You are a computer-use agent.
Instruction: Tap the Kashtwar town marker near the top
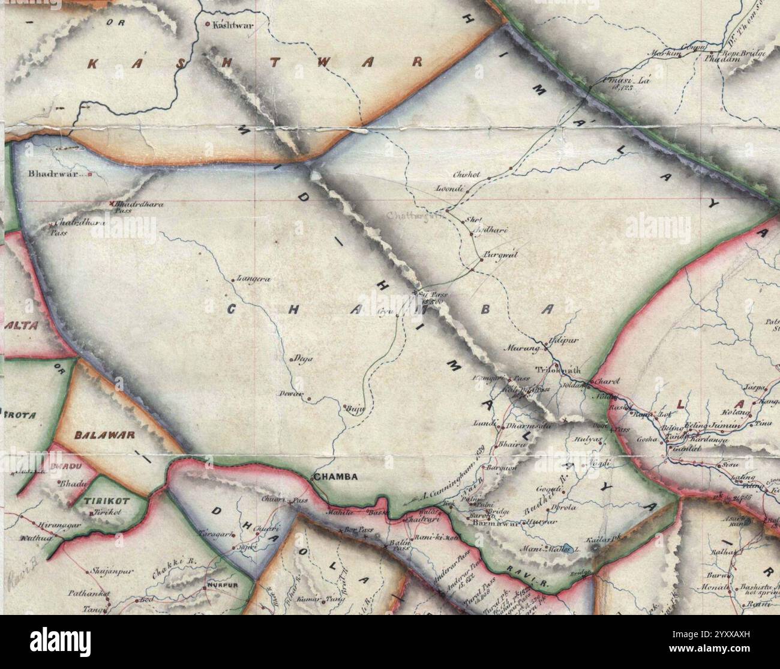[x=208, y=25]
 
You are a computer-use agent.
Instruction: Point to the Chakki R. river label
[x=166, y=567]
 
